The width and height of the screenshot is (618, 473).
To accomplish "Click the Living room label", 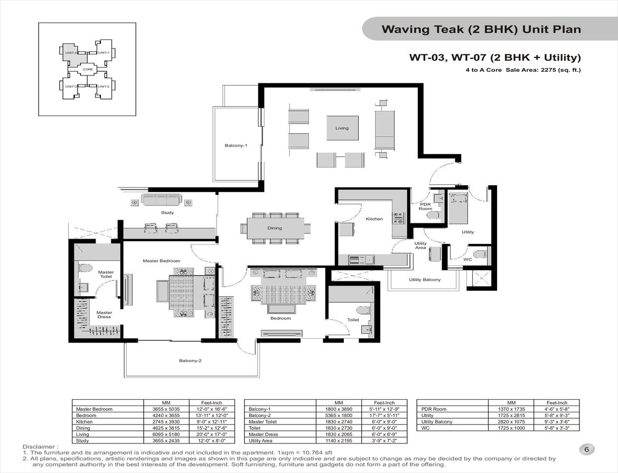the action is (x=342, y=128).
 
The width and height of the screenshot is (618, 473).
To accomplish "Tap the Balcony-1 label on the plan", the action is (x=236, y=145).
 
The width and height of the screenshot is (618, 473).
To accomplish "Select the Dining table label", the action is (x=275, y=228).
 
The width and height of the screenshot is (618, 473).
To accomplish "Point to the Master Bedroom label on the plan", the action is (x=161, y=261).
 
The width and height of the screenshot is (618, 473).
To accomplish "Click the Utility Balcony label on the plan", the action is (x=425, y=280).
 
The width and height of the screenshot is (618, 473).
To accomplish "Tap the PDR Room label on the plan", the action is (x=425, y=206).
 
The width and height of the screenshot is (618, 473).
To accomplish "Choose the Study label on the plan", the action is (x=167, y=213).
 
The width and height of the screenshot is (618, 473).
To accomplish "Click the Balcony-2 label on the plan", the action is (x=190, y=361).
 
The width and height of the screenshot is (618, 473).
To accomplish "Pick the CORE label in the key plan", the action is (x=88, y=69).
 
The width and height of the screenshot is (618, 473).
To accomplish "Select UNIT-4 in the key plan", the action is (x=71, y=53).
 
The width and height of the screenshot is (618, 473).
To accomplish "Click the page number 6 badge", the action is (x=586, y=449).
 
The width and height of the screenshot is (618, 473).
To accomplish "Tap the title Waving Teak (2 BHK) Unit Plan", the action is (x=481, y=29).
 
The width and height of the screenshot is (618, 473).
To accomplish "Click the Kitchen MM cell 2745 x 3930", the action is (x=166, y=422).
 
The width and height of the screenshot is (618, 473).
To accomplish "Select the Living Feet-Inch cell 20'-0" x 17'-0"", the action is (x=212, y=434).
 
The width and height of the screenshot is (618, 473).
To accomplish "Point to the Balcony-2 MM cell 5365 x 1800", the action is (x=339, y=415).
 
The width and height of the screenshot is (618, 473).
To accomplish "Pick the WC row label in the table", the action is (x=425, y=428).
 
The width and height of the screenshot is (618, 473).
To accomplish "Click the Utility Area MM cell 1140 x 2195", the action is (x=339, y=441).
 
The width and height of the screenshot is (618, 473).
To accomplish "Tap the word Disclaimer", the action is (x=39, y=447).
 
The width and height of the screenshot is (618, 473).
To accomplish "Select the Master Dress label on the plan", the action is (x=104, y=315).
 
